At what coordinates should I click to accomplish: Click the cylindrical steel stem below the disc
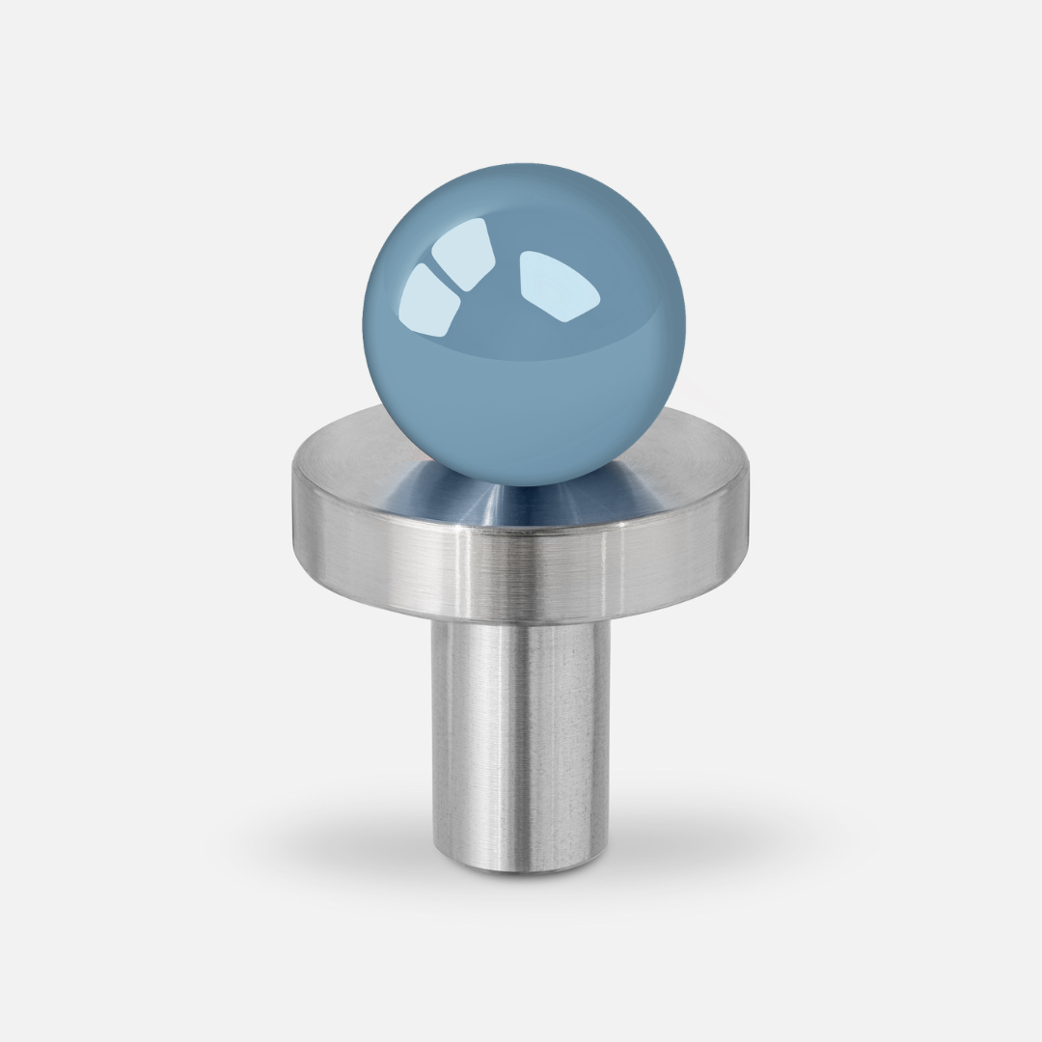521,733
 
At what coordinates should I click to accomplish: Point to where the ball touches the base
522,485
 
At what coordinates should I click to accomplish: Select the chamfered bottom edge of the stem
521,868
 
